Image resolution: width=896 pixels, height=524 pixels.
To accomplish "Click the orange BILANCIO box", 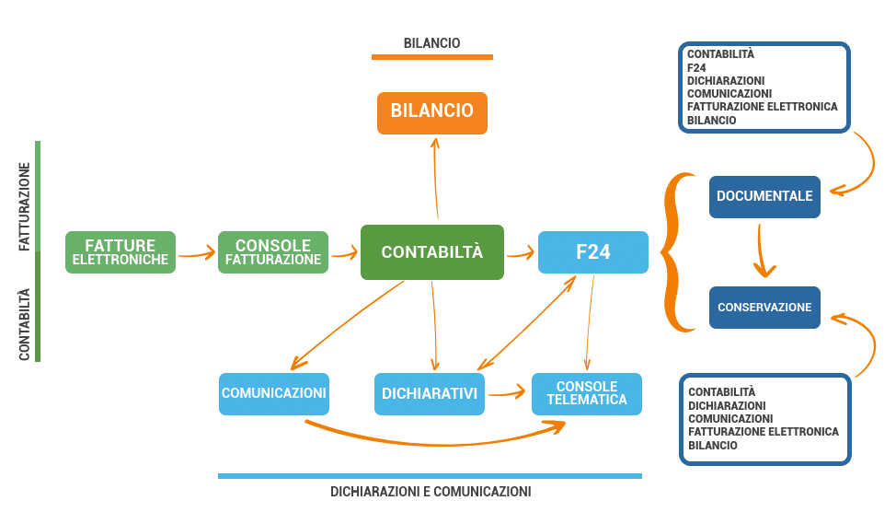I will [431, 111].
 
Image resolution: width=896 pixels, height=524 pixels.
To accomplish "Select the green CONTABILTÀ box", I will [431, 251].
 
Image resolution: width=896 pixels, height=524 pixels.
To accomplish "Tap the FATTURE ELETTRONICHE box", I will [121, 252].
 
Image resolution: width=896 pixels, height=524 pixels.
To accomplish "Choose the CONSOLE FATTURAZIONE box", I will [273, 252].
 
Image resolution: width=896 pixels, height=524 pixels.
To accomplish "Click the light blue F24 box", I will [592, 252].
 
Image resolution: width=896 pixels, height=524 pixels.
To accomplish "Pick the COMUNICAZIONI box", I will [273, 393].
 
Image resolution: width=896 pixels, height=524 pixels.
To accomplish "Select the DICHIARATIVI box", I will [430, 394].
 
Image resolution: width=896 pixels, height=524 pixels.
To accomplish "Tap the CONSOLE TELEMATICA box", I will [587, 393].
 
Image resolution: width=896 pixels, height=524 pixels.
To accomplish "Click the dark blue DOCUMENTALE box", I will [764, 196].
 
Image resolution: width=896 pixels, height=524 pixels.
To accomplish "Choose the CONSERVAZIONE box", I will [764, 308].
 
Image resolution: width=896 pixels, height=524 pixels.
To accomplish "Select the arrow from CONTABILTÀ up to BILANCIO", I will [434, 180].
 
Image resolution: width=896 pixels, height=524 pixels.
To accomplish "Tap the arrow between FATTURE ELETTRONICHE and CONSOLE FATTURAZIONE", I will [196, 253].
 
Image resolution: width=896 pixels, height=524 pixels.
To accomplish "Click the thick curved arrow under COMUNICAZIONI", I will [432, 440].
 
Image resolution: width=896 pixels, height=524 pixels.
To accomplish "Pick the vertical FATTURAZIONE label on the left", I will [25, 207].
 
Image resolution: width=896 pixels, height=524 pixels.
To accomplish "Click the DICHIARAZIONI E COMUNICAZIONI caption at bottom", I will [431, 492].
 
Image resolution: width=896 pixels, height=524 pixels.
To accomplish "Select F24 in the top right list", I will [695, 67].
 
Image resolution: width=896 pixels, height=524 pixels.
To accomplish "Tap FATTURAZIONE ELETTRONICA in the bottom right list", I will [763, 431].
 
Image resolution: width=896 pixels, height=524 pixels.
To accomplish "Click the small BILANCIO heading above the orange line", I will [431, 43].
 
